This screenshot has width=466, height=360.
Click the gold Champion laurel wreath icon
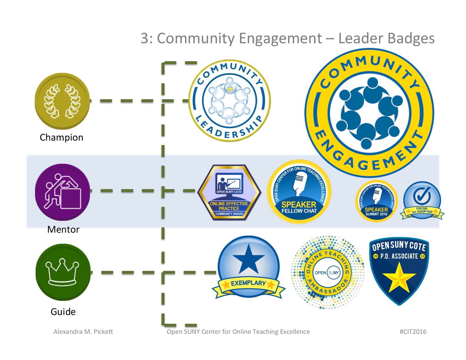(x=62, y=101)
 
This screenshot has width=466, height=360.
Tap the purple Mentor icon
(x=62, y=192)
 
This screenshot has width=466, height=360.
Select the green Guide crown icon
(x=63, y=272)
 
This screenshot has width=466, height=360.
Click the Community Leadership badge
(x=229, y=101)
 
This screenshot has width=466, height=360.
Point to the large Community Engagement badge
(x=369, y=113)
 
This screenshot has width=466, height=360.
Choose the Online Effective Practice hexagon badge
(x=229, y=193)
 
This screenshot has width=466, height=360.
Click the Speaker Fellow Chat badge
(x=299, y=192)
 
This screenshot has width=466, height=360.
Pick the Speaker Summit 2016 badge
(x=376, y=201)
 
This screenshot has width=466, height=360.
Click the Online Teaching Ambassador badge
(x=327, y=272)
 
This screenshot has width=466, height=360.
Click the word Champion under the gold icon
(x=61, y=137)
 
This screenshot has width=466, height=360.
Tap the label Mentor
(x=63, y=229)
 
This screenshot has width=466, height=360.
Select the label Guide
(x=63, y=312)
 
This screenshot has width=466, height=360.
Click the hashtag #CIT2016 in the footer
(x=413, y=332)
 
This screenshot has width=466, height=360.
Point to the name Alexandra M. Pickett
(x=83, y=332)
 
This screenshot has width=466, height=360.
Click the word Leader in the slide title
(x=360, y=38)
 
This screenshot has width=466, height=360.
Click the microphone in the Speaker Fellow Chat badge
(x=300, y=182)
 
